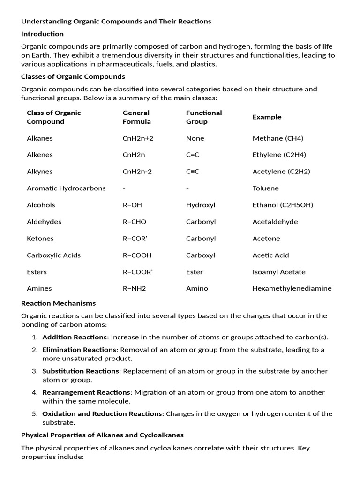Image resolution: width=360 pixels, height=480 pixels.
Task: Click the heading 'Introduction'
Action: click(42, 34)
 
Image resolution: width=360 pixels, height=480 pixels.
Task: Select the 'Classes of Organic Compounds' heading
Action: click(73, 76)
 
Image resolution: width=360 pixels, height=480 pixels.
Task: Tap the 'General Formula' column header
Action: click(137, 117)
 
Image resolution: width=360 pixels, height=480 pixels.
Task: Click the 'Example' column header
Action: click(267, 117)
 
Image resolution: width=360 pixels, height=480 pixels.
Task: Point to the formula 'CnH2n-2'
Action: click(137, 172)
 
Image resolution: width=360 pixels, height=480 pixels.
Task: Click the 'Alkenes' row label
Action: click(40, 155)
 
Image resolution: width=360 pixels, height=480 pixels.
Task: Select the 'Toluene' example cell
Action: click(265, 188)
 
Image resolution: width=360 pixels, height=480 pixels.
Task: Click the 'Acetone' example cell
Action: click(266, 239)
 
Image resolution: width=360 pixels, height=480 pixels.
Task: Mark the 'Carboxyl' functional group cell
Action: click(201, 255)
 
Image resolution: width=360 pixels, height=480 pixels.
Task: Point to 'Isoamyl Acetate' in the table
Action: click(279, 272)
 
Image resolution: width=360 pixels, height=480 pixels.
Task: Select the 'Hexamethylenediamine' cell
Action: click(292, 289)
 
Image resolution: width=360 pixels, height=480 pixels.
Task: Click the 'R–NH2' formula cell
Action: click(134, 289)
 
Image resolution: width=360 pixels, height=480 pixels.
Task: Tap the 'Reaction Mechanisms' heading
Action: click(58, 304)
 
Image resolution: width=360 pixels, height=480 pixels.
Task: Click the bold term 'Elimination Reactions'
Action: click(79, 350)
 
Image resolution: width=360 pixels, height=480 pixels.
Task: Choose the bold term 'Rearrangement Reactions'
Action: click(86, 392)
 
